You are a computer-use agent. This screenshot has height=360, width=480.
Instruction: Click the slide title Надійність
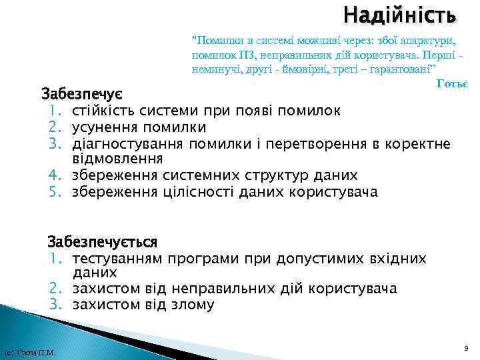(x=400, y=14)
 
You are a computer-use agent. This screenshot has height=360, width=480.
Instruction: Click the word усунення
(x=101, y=127)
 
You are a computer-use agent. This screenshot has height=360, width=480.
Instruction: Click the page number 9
(x=465, y=347)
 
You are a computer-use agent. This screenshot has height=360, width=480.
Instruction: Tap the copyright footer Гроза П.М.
(x=29, y=353)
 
